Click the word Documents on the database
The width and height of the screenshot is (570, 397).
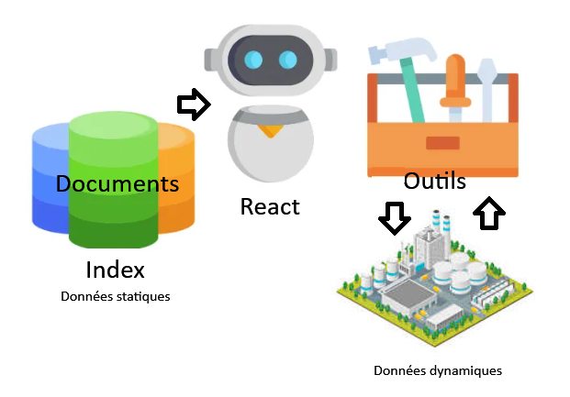[117, 182]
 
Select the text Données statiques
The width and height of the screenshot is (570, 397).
[116, 297]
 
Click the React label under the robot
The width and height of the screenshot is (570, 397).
[270, 206]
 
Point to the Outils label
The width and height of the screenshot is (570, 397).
[434, 180]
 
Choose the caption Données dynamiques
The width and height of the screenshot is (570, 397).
[438, 371]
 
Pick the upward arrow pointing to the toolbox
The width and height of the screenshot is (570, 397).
[489, 214]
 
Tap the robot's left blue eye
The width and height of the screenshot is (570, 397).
[254, 61]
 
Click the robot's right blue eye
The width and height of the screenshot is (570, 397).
[288, 61]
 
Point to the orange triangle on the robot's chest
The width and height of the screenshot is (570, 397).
[270, 130]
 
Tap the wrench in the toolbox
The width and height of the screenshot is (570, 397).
[487, 87]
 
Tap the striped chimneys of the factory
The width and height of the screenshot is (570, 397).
[439, 225]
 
